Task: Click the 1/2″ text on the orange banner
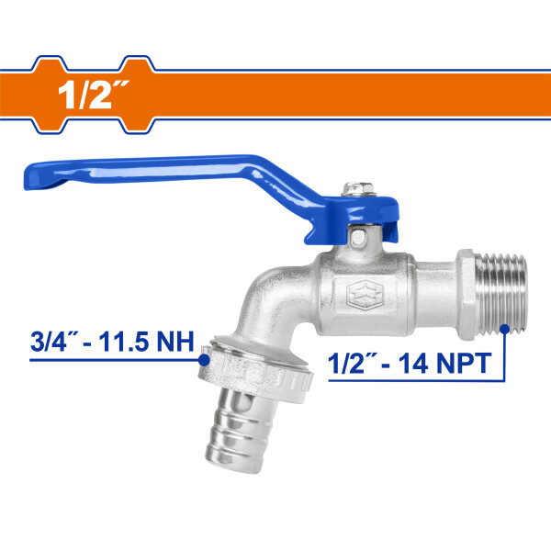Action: [94, 95]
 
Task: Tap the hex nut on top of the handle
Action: [359, 189]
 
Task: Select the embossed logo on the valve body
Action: [364, 295]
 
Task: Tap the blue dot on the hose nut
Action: [204, 360]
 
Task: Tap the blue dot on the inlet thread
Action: [504, 329]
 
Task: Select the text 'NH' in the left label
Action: [175, 342]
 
